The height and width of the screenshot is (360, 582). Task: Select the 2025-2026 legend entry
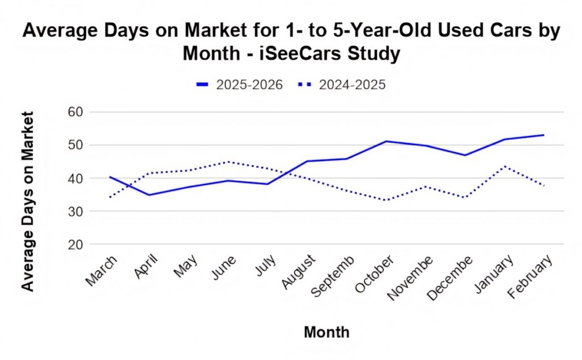[239, 85]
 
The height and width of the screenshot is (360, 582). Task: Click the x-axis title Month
[327, 332]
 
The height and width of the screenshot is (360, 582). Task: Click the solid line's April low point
[149, 195]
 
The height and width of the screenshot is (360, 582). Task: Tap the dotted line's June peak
[228, 162]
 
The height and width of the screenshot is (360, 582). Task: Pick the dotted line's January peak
[504, 166]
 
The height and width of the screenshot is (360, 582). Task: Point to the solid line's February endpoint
[544, 135]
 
